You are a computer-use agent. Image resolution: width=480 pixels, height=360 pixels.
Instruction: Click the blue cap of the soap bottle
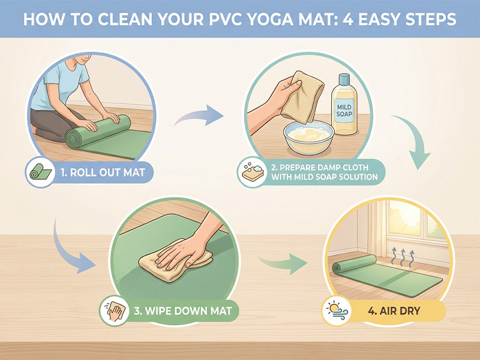(344, 79)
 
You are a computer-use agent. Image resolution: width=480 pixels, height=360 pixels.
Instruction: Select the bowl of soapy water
(308, 137)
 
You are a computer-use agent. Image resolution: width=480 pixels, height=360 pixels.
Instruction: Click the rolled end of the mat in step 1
(73, 139)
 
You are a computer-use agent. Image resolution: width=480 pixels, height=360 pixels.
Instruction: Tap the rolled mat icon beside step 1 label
(40, 172)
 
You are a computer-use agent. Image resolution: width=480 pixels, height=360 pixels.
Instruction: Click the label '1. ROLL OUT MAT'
(103, 172)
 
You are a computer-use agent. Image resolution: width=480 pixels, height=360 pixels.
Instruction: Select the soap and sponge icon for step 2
(253, 172)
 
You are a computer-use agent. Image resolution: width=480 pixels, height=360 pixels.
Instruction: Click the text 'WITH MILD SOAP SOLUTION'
(325, 177)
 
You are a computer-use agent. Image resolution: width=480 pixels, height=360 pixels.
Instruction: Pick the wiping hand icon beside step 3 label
(115, 311)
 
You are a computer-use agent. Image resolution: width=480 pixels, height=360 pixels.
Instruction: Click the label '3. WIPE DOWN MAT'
(183, 311)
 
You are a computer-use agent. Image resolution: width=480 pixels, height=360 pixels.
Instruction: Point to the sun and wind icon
(337, 311)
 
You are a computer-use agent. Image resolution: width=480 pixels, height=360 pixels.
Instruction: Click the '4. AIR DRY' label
(394, 311)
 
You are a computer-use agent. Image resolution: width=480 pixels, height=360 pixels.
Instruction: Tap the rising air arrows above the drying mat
(403, 256)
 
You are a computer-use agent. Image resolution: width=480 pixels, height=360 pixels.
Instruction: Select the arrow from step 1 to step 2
(199, 116)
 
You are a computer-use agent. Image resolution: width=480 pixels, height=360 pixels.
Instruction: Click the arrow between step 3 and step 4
(283, 263)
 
